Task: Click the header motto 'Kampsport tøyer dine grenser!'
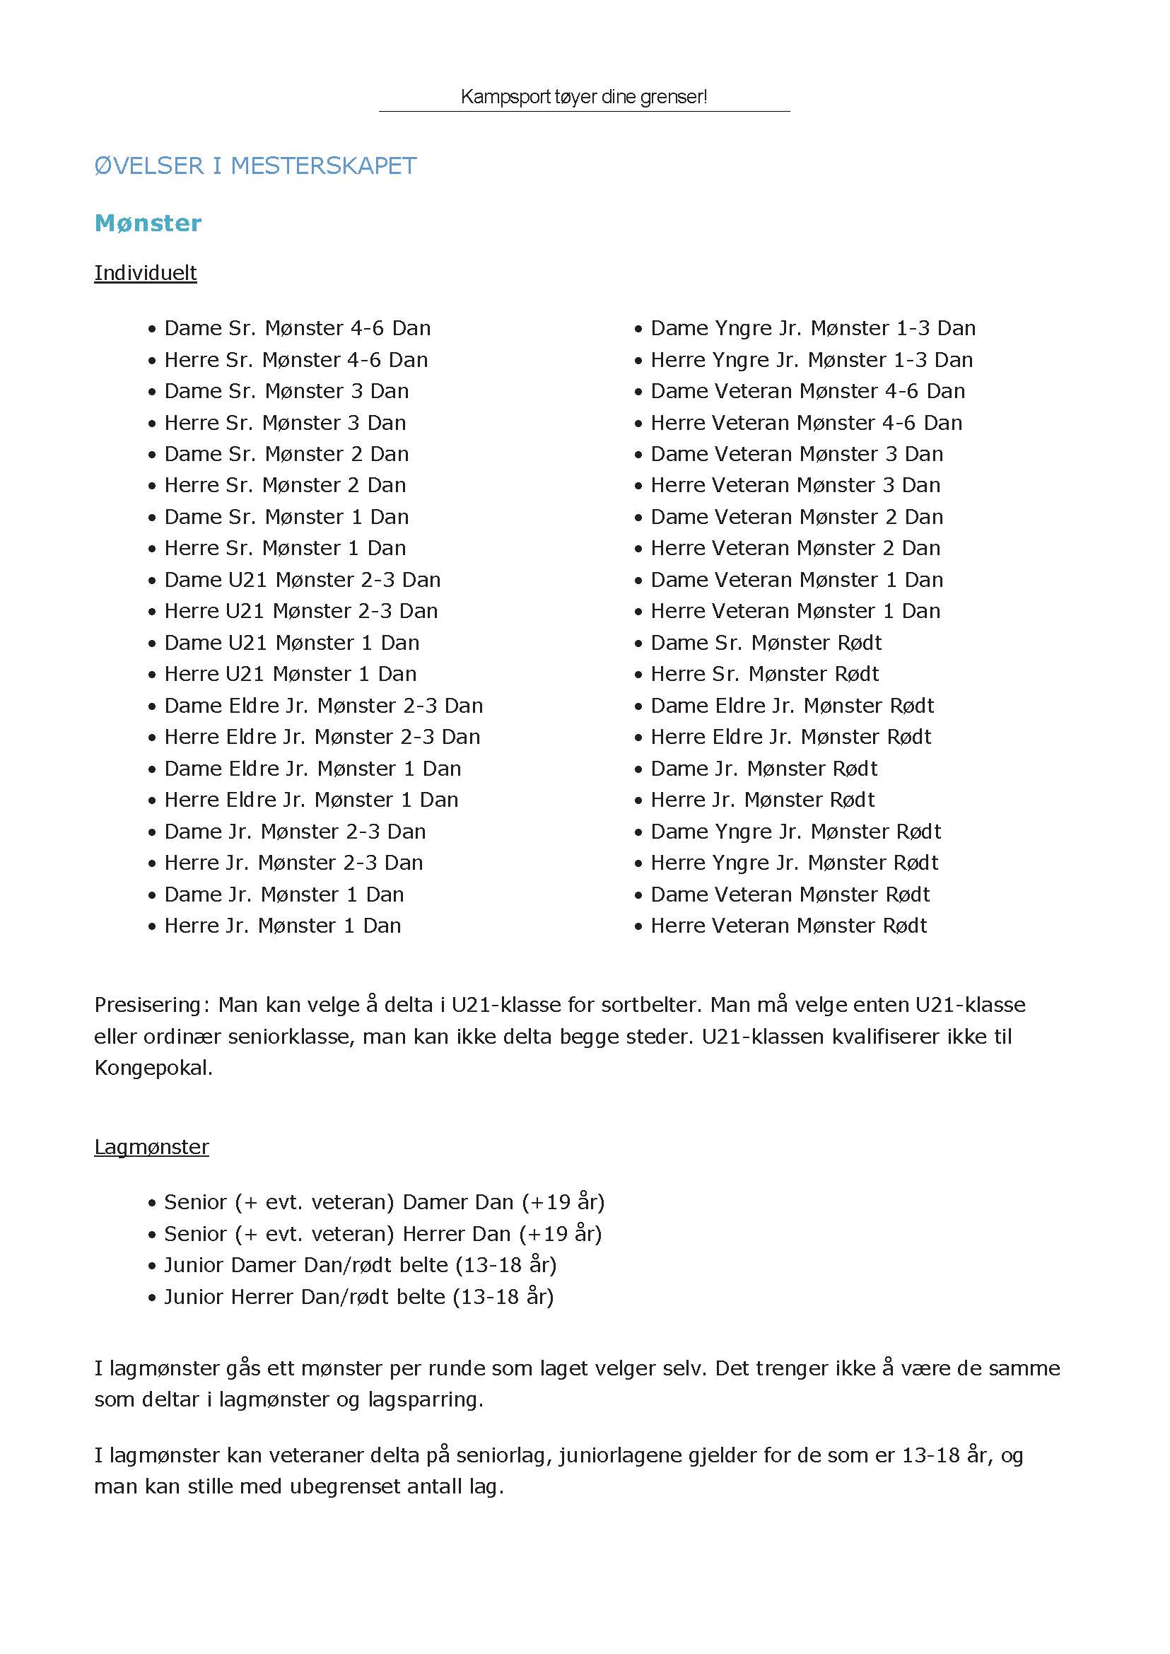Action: click(583, 97)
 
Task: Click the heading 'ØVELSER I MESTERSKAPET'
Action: click(255, 165)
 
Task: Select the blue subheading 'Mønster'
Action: click(148, 223)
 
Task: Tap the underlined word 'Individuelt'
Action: click(146, 273)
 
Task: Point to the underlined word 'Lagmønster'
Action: click(151, 1147)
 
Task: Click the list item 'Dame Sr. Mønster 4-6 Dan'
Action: click(297, 329)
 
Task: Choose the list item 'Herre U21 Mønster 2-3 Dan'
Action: click(300, 611)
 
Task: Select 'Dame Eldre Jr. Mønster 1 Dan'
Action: click(312, 769)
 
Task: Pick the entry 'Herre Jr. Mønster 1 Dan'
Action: click(281, 926)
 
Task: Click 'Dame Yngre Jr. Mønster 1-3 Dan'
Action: click(813, 329)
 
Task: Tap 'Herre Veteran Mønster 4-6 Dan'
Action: click(806, 423)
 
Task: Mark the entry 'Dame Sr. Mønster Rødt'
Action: click(766, 643)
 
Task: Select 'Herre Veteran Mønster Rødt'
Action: click(788, 926)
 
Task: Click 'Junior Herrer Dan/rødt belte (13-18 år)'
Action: click(358, 1298)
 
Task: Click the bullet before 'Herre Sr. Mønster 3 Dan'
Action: click(152, 424)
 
